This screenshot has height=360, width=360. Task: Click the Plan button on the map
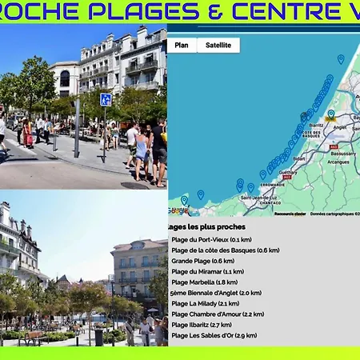182,45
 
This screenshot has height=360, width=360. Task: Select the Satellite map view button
218,45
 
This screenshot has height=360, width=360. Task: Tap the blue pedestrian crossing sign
106,100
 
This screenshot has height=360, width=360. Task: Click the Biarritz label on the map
316,125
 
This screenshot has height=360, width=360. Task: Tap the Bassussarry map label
342,153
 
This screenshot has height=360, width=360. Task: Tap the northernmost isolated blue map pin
341,58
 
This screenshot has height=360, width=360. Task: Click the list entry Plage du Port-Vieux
212,239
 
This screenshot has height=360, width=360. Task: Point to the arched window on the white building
64,78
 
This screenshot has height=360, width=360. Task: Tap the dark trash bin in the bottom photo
98,337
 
